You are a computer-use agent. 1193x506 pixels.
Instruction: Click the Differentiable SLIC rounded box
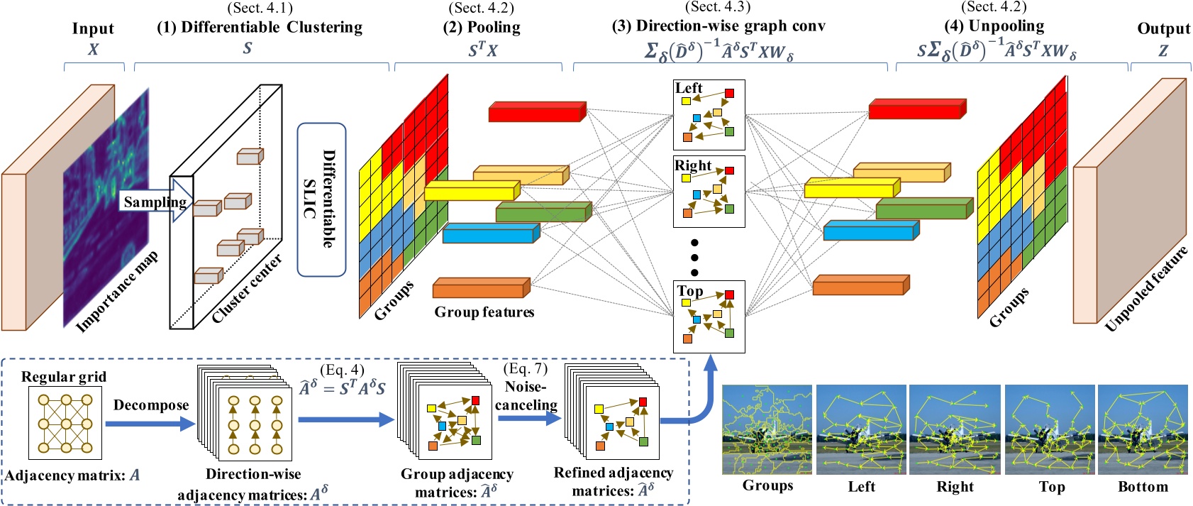pos(321,199)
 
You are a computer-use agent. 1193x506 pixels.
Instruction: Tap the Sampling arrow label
pos(155,202)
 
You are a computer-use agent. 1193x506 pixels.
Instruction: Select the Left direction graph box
pos(709,114)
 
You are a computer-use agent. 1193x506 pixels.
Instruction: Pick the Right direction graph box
pos(709,192)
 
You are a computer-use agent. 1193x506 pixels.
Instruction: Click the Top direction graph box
pos(709,317)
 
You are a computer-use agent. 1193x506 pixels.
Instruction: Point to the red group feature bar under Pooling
pos(537,112)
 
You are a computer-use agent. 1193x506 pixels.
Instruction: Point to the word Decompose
pos(151,405)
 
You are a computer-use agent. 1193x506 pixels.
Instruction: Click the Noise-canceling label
pos(526,396)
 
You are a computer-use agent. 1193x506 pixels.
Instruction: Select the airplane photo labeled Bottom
pos(1142,429)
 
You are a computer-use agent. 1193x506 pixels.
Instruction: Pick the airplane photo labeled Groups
pos(767,429)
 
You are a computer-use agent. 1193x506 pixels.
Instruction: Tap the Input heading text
pos(93,29)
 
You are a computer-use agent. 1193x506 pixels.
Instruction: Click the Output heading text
pos(1163,29)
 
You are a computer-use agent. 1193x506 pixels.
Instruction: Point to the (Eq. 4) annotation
pos(342,370)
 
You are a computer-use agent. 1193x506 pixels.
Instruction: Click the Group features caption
pos(484,312)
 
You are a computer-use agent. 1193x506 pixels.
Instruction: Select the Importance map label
pos(117,292)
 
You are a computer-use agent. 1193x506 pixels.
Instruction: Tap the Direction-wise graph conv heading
pos(718,26)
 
